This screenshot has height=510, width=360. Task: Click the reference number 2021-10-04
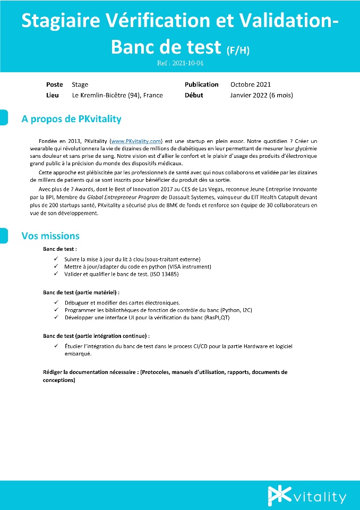click(180, 63)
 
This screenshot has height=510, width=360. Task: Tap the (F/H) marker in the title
click(238, 50)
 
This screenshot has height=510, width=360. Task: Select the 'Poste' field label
click(55, 84)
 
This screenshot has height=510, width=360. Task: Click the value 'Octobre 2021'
click(251, 84)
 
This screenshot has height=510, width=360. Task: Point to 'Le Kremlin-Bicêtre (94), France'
click(117, 96)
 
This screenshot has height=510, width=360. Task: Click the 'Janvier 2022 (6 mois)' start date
click(261, 96)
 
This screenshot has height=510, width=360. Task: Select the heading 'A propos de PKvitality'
click(71, 119)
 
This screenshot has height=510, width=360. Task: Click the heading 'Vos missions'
click(50, 236)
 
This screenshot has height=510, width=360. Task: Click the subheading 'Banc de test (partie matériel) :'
click(81, 292)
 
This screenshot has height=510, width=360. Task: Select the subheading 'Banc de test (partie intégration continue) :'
click(96, 336)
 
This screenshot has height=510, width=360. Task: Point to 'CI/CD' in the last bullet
click(211, 346)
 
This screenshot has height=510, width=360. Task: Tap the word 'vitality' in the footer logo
click(320, 497)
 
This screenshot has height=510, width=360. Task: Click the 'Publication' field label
click(201, 84)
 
